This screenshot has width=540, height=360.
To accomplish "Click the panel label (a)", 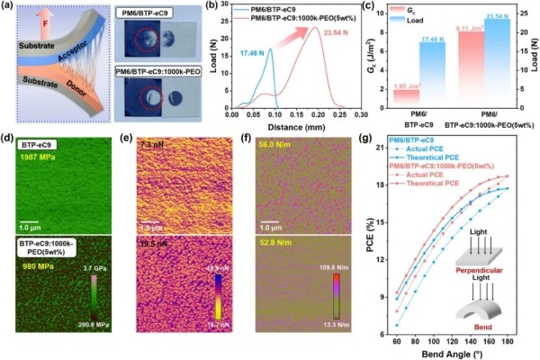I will point(9,7).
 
